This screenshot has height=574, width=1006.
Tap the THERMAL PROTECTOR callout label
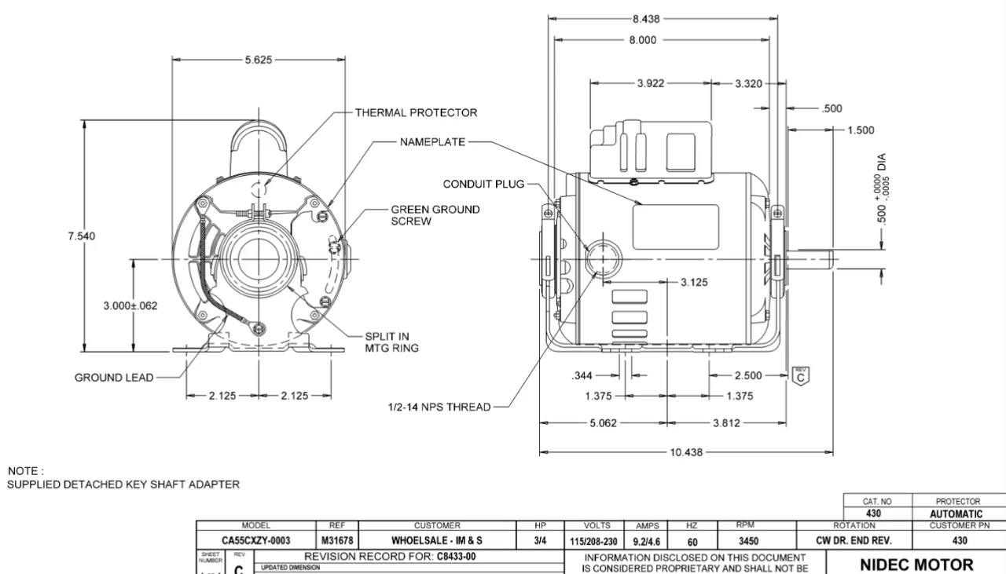click(416, 112)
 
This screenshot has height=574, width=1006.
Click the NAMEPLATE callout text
click(432, 142)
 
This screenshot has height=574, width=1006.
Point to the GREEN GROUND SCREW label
click(435, 216)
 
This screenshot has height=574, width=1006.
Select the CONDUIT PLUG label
click(481, 185)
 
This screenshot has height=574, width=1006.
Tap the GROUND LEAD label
click(114, 378)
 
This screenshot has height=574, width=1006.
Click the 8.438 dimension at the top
click(645, 20)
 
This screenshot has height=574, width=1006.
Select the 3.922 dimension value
click(650, 83)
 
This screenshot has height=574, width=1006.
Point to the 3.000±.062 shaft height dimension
click(130, 305)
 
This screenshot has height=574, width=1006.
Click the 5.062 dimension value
click(604, 422)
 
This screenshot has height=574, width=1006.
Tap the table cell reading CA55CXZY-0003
click(255, 540)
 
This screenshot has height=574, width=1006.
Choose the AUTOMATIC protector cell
click(956, 514)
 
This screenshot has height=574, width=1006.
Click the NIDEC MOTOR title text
click(916, 564)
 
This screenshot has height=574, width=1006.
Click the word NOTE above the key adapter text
click(20, 471)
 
